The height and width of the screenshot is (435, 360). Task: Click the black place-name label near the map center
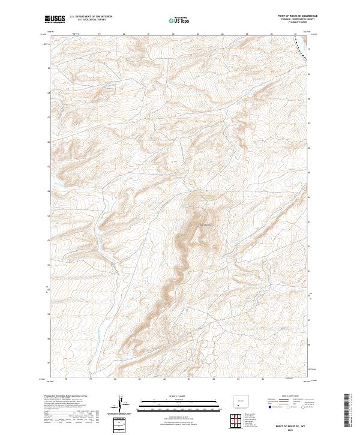tap(206, 225)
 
